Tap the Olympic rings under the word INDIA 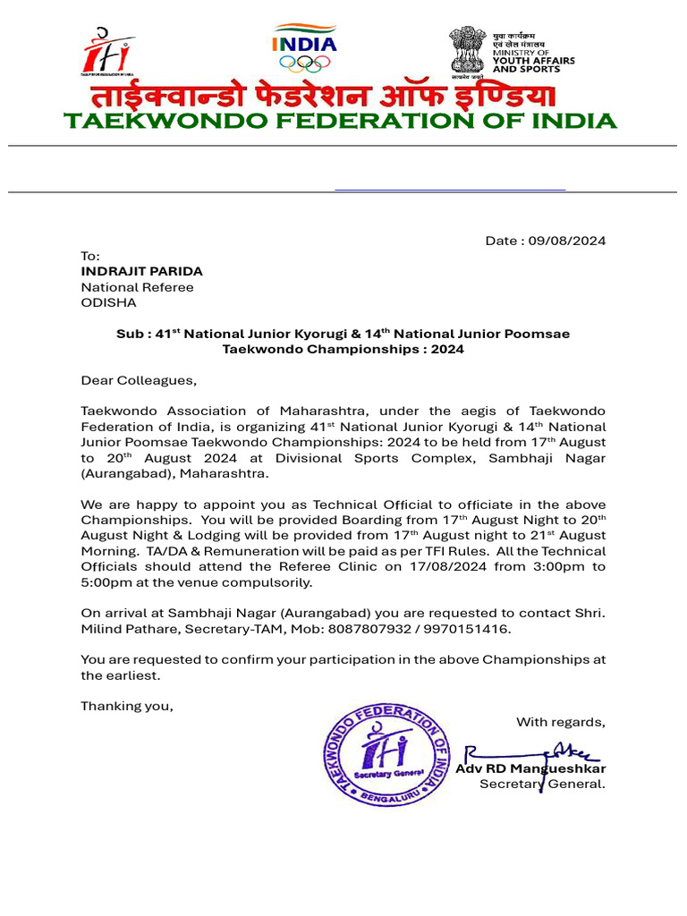pos(304,63)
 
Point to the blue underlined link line pos(450,190)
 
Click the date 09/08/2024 pos(566,241)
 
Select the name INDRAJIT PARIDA pos(142,271)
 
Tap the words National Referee pos(137,287)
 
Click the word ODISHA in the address pos(109,302)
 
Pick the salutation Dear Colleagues pos(139,380)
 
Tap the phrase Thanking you pos(127,706)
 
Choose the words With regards pos(560,722)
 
